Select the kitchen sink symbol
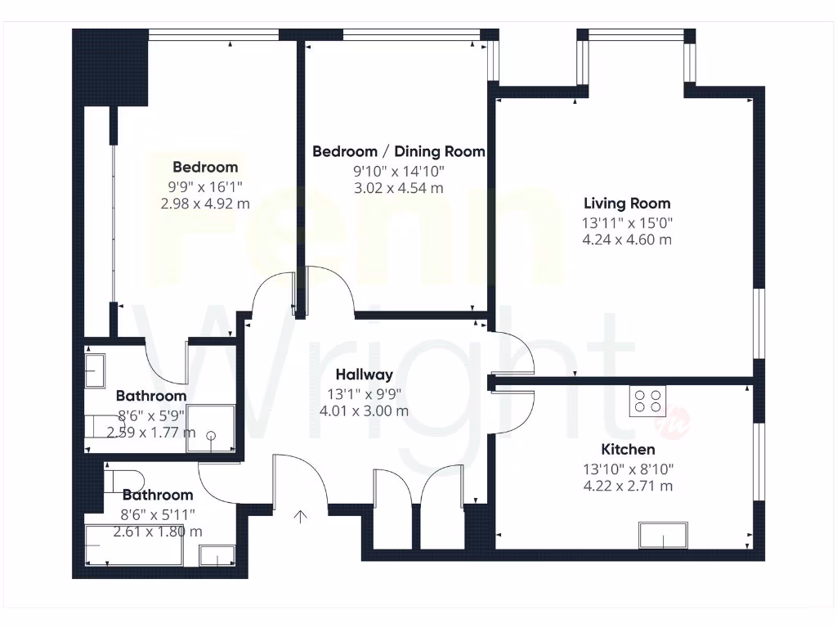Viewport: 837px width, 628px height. tap(664, 536)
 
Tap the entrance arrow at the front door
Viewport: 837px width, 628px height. tap(301, 516)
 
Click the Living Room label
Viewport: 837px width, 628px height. tap(627, 204)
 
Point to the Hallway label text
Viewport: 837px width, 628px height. tap(365, 375)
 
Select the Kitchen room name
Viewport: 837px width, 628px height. tap(628, 450)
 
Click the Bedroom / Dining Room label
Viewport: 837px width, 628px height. tap(399, 151)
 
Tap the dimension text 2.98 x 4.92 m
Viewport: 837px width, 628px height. tap(206, 204)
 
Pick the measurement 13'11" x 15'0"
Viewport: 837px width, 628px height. tap(627, 222)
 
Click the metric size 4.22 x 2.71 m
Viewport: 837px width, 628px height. tap(627, 487)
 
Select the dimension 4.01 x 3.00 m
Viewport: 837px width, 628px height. tap(365, 411)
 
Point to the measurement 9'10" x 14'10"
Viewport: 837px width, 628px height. tap(399, 171)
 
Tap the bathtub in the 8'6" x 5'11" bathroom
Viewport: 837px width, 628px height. tap(133, 546)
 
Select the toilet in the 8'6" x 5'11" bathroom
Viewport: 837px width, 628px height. tap(123, 479)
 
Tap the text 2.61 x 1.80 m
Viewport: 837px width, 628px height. tap(158, 532)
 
